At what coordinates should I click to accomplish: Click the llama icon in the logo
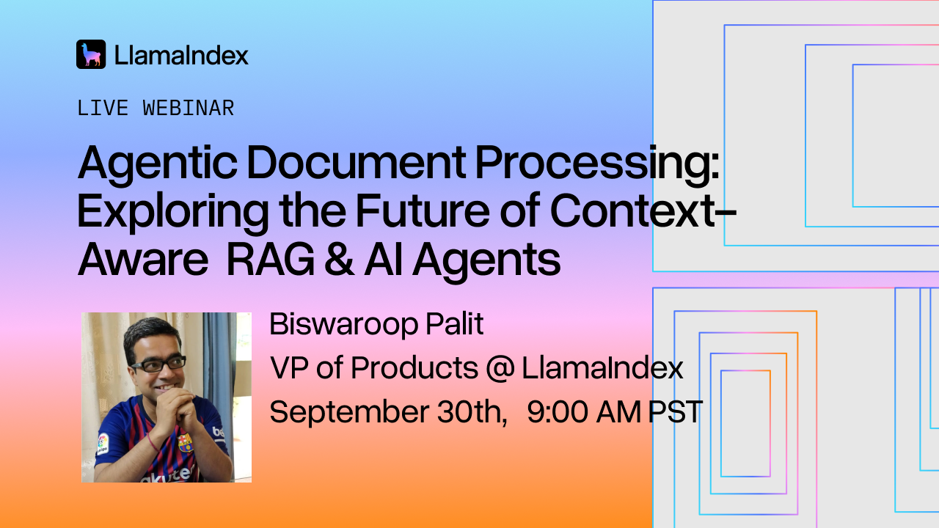click(91, 54)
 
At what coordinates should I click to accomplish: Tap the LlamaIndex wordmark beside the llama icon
click(181, 55)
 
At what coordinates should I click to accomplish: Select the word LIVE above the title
click(102, 109)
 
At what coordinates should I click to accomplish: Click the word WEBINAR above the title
click(189, 109)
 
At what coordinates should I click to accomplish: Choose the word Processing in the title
click(596, 164)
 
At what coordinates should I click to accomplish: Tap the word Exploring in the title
click(174, 212)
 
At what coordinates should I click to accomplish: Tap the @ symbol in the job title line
click(500, 368)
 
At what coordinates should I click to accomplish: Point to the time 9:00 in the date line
click(557, 412)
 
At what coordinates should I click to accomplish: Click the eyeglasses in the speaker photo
click(158, 364)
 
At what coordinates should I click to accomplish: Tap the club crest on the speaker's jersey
click(186, 443)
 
